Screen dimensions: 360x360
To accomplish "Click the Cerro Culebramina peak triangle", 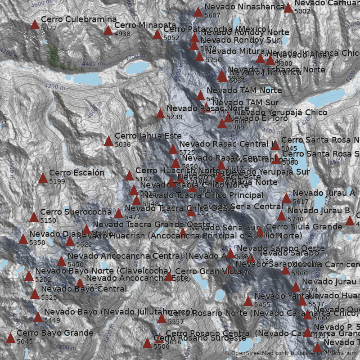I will (35, 24).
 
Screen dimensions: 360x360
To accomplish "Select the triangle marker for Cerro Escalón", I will (43, 178).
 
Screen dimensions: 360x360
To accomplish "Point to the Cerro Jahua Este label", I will (148, 135).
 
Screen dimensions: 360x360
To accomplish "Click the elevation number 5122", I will (49, 28).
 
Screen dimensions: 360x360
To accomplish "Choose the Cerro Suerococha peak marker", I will (34, 217).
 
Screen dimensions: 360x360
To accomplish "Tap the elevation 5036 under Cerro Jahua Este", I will (122, 144).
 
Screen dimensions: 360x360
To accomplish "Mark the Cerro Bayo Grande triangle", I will (10, 338).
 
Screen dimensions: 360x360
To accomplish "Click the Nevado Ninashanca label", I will (244, 7).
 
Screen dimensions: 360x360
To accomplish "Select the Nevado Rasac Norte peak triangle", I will (160, 113).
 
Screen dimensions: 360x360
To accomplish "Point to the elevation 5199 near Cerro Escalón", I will (57, 181).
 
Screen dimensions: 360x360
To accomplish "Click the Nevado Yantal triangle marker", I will (248, 301).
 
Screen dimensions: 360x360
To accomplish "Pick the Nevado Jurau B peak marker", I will (281, 216).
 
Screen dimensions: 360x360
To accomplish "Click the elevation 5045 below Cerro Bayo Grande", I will (25, 342).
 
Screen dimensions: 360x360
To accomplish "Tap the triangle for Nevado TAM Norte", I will (200, 95).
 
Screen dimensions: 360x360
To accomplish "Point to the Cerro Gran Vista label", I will (208, 271).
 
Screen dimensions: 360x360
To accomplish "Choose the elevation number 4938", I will (122, 34).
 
